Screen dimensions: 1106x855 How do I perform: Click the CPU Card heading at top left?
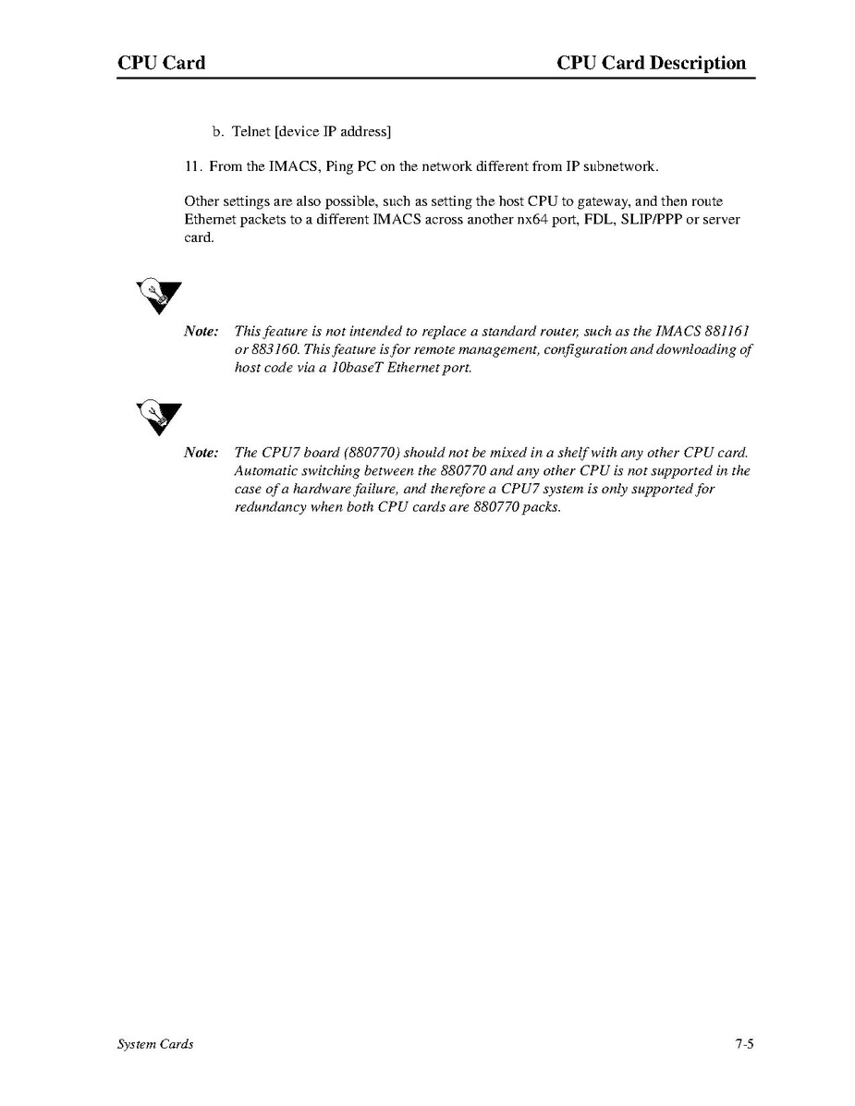pos(161,64)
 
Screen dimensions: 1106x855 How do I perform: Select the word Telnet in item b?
pos(250,132)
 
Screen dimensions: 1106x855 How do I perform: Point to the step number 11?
pos(192,166)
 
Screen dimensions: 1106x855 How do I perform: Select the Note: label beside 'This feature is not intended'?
pos(202,331)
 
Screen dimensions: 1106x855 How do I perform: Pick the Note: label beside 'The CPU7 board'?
pos(202,453)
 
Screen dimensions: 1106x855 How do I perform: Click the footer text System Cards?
pos(155,1044)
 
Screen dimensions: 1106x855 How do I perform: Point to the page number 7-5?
pos(745,1044)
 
